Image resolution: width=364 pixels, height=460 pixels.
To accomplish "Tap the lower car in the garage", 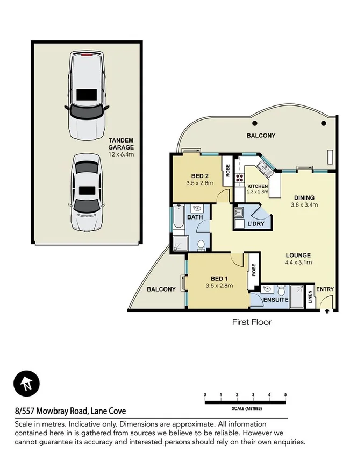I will pos(86,192).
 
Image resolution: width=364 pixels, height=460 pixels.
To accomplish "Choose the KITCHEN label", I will pos(258,187).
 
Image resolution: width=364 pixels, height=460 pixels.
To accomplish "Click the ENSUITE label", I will pos(275,300).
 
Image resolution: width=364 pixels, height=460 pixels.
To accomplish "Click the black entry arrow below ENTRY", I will pos(327,310).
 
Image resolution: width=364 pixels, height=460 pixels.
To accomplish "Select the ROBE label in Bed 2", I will pos(227,171).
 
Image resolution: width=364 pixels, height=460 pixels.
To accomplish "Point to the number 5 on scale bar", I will pos(285,394).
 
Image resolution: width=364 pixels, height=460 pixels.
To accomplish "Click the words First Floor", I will pos(252,322).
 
